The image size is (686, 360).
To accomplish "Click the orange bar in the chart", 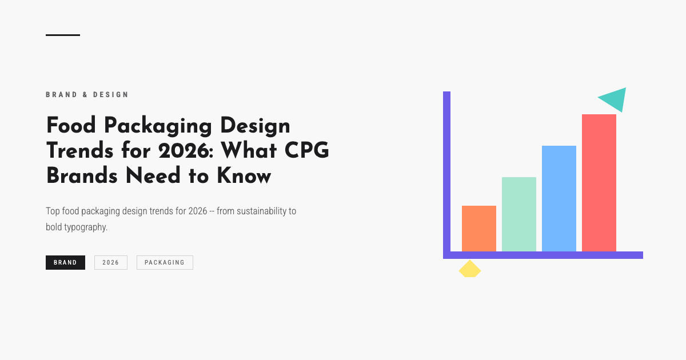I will coord(479,229).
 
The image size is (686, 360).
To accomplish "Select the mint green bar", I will coord(519,214).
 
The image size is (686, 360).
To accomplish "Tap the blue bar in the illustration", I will coord(559,198).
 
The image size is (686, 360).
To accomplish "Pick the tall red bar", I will coord(599,183).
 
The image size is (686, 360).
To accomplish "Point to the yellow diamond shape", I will coord(470,269).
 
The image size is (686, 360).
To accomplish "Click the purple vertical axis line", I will coord(446,171).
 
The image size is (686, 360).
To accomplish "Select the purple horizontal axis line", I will coord(543,255).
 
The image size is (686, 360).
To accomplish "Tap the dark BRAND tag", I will coord(65,262).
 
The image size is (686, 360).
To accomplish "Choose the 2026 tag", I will coord(111,262).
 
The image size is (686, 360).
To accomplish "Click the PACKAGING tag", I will coord(165,262).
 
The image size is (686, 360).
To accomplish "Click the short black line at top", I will coord(63,35).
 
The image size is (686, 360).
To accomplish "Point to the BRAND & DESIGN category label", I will coord(87,95).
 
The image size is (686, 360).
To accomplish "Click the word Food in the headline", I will coord(70,125).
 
